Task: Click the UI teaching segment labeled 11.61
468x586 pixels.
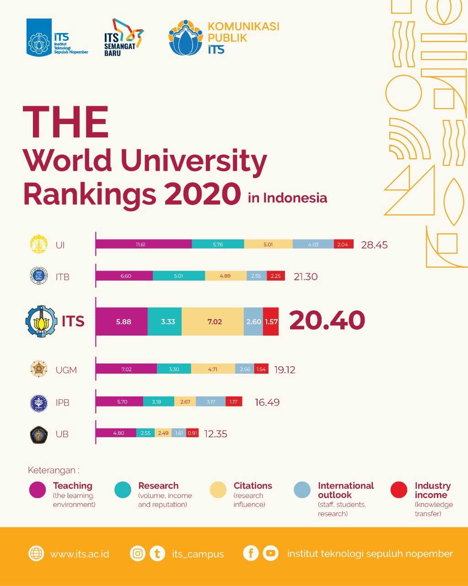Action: pyautogui.click(x=143, y=244)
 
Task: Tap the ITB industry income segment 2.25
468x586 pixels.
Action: pyautogui.click(x=275, y=276)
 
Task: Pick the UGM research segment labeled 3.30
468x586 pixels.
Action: pyautogui.click(x=174, y=369)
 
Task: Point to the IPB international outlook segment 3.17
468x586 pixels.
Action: pyautogui.click(x=210, y=402)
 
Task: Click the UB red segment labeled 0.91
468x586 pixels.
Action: pyautogui.click(x=193, y=433)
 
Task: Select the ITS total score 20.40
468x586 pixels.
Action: pyautogui.click(x=327, y=320)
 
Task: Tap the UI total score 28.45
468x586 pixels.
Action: pyautogui.click(x=374, y=245)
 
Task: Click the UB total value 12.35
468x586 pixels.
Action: pyautogui.click(x=216, y=434)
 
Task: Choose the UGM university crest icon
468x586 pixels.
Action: pyautogui.click(x=38, y=369)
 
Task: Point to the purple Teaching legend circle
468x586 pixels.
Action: pyautogui.click(x=37, y=490)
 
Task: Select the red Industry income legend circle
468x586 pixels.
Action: pyautogui.click(x=399, y=490)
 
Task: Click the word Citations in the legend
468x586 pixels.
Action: pyautogui.click(x=253, y=486)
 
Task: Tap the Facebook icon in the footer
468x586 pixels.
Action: pyautogui.click(x=251, y=553)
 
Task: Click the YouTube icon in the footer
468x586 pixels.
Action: pyautogui.click(x=271, y=553)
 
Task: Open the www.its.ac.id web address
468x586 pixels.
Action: pyautogui.click(x=80, y=554)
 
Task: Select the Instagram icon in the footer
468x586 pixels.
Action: pyautogui.click(x=137, y=553)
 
